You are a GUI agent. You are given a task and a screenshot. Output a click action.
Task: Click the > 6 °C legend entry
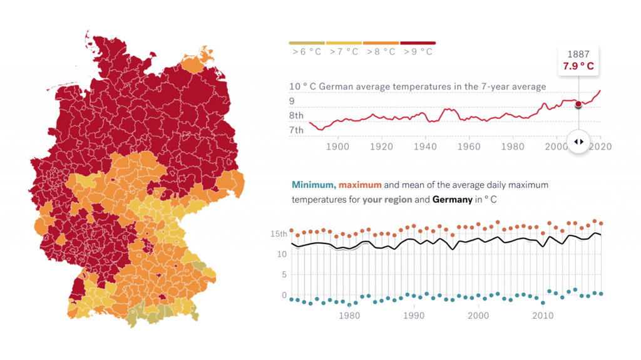coord(307,51)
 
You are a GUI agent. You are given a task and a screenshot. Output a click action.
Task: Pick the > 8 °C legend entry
coord(381,51)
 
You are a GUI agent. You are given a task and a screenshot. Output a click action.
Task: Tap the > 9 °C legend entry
coord(418,51)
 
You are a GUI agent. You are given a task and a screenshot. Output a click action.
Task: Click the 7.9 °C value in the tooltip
coord(578,66)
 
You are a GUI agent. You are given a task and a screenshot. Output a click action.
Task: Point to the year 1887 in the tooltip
coord(578,54)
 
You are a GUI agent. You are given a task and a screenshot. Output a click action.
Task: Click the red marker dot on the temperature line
coord(578,104)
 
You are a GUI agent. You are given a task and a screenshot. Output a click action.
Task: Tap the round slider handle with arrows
coord(578,141)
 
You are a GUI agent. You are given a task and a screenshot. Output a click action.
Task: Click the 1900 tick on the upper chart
coord(337,147)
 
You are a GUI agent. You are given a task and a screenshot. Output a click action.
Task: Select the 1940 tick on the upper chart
coord(425,147)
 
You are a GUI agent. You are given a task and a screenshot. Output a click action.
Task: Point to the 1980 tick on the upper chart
coord(513,147)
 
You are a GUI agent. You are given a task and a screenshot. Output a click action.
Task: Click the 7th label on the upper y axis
coord(296,130)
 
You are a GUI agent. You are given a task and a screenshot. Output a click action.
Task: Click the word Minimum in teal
coord(313,185)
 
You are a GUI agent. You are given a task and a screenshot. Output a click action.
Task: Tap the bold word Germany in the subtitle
coord(453,200)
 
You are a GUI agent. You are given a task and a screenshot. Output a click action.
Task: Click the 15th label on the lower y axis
coord(279,234)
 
